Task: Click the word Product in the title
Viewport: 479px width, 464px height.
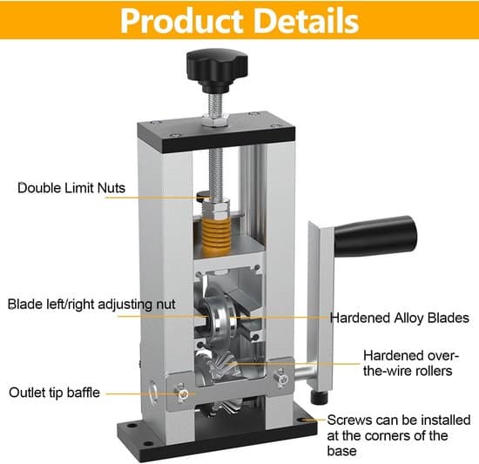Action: (x=182, y=21)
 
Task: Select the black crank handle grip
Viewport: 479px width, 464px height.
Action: (x=374, y=235)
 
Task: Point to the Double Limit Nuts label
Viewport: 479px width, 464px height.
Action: (x=71, y=188)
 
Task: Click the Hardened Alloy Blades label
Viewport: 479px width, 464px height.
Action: (x=400, y=318)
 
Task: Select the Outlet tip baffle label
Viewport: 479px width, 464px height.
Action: (x=54, y=393)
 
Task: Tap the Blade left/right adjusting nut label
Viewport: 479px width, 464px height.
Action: (x=91, y=305)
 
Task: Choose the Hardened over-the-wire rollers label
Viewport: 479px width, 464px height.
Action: (x=411, y=363)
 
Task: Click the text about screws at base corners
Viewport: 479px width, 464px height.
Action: (x=399, y=435)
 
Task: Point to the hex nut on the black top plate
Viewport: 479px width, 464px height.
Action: (x=216, y=120)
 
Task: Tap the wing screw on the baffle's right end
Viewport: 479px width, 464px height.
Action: (x=281, y=378)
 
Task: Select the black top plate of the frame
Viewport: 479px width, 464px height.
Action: (x=216, y=131)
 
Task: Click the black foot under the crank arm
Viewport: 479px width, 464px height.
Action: (x=320, y=397)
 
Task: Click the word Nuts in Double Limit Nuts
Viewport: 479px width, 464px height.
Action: (x=111, y=188)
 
